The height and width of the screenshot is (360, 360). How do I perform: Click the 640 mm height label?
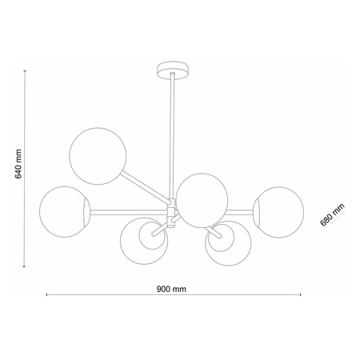pyautogui.click(x=18, y=164)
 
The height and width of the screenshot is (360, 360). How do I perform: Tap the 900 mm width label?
pyautogui.click(x=171, y=289)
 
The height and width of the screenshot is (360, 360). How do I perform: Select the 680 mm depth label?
pyautogui.click(x=332, y=214)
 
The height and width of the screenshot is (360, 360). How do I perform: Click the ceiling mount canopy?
pyautogui.click(x=173, y=70)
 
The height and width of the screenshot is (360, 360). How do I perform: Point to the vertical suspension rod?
pyautogui.click(x=172, y=136)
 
